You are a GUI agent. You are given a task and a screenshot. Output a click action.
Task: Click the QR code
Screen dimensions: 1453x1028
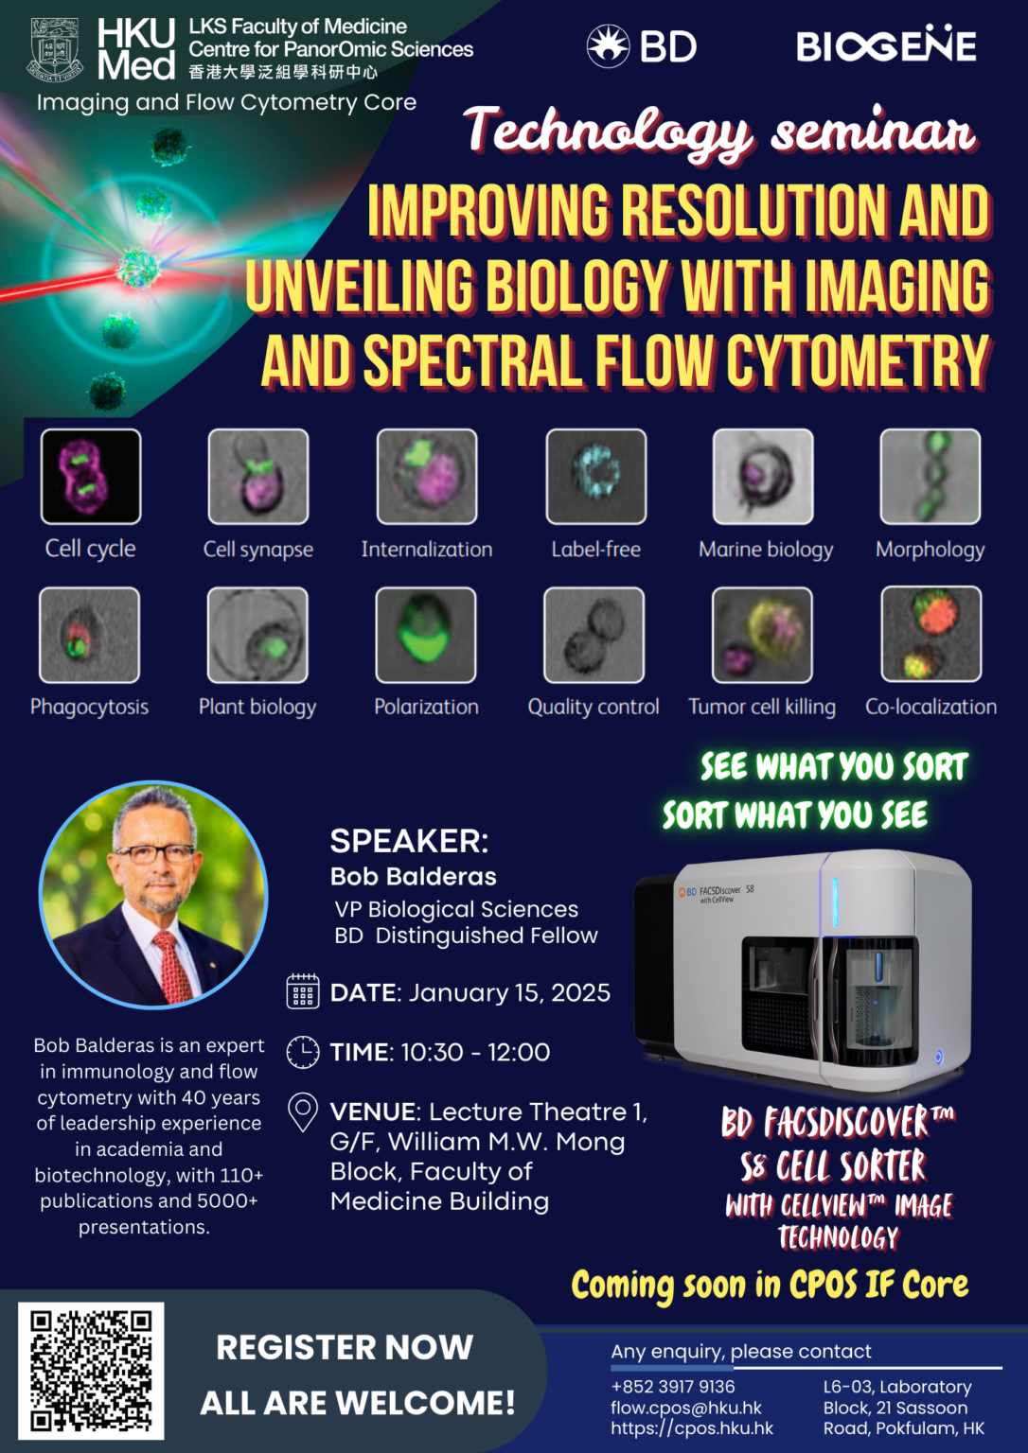coord(91,1370)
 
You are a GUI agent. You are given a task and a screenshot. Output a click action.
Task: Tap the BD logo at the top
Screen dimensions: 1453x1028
coord(642,45)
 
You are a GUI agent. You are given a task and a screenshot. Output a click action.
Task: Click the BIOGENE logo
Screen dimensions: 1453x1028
coord(885,45)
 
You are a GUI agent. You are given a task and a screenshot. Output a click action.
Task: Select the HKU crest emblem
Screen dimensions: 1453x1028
coord(57,49)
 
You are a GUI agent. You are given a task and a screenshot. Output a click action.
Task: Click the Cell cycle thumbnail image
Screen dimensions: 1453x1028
coord(91,476)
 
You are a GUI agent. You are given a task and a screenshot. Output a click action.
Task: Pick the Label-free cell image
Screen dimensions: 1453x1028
coord(596,476)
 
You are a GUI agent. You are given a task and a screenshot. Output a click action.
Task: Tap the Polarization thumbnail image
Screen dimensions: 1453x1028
coord(426,634)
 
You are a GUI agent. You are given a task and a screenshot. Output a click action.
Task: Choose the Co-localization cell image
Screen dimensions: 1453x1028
coord(931,634)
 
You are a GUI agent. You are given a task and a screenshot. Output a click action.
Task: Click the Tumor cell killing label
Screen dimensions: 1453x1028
coord(762,707)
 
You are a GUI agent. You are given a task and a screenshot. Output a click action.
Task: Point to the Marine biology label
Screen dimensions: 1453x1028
coord(766,549)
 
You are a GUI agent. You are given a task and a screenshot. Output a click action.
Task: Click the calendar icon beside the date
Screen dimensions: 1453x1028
coord(303,992)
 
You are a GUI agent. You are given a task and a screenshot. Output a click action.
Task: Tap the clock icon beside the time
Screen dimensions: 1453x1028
coord(303,1052)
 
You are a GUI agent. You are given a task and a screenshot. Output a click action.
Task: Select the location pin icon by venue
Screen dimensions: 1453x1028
coord(303,1112)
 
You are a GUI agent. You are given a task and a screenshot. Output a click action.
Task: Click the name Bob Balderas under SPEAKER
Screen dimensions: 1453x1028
coord(413,877)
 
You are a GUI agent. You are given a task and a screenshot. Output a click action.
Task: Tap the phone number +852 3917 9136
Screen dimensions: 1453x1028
coord(673,1387)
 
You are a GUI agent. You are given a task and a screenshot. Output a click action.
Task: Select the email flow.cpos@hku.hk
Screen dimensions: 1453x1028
coord(686,1408)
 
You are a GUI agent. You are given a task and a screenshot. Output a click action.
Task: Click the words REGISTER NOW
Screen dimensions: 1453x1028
coord(345,1347)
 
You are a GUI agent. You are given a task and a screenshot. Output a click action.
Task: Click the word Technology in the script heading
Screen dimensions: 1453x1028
coord(609,132)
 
